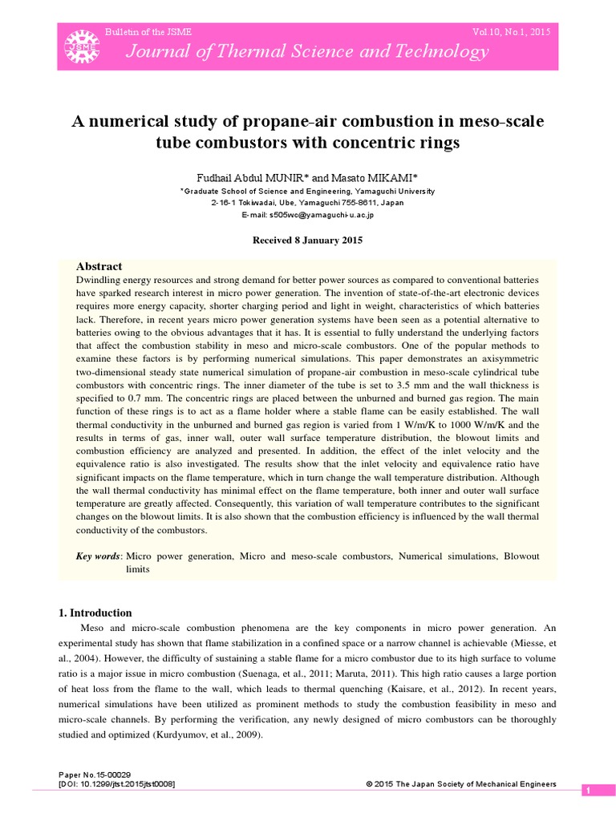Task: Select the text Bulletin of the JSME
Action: (148, 32)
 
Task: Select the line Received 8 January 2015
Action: (308, 240)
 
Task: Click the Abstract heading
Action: (99, 265)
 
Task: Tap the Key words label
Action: (99, 556)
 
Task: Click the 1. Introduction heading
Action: (95, 613)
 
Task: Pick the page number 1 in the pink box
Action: (588, 791)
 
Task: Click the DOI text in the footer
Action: (117, 784)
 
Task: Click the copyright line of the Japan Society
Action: (460, 784)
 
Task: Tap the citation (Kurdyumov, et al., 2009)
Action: (194, 735)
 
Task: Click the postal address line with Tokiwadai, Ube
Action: (308, 203)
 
